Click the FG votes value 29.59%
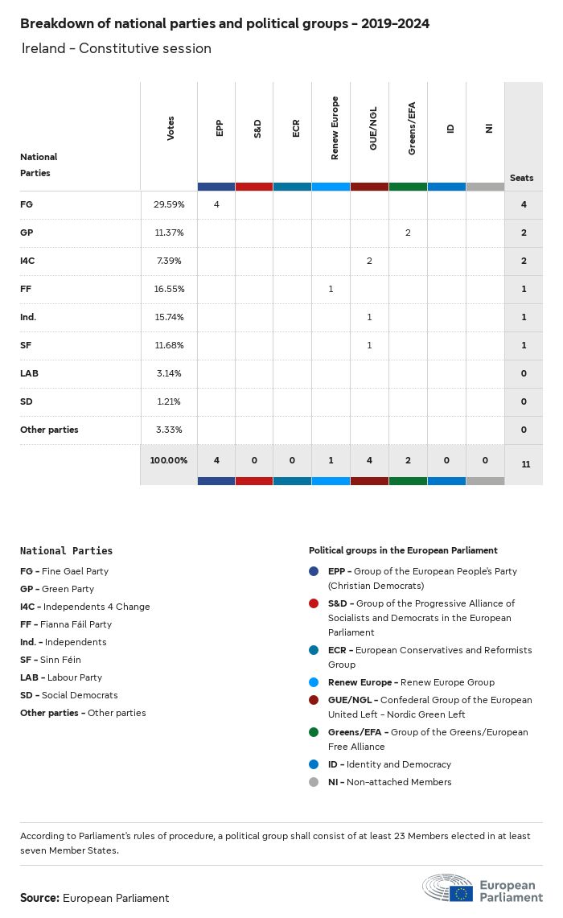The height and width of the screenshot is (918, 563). (x=169, y=204)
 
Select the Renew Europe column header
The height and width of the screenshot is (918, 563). (x=335, y=129)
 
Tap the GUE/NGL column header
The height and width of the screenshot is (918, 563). (x=373, y=129)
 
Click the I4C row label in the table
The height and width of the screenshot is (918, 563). (x=28, y=261)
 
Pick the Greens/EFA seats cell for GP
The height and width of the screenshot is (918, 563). (x=408, y=233)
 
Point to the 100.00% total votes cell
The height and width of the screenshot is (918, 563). (x=169, y=460)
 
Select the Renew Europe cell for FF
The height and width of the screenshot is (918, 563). (x=331, y=289)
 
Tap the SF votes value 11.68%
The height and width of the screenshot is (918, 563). (x=169, y=345)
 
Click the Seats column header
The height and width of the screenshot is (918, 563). (x=521, y=178)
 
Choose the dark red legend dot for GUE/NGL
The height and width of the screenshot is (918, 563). (x=314, y=700)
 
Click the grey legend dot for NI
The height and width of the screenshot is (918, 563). (x=314, y=782)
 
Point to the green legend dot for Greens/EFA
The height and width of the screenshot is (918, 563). (x=314, y=732)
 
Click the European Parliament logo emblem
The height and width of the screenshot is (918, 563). (x=449, y=887)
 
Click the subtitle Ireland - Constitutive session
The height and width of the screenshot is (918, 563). (x=117, y=48)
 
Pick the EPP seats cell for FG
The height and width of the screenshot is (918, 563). (x=216, y=204)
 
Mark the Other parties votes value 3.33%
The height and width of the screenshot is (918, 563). (x=169, y=430)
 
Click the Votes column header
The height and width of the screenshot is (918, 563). (x=171, y=129)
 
